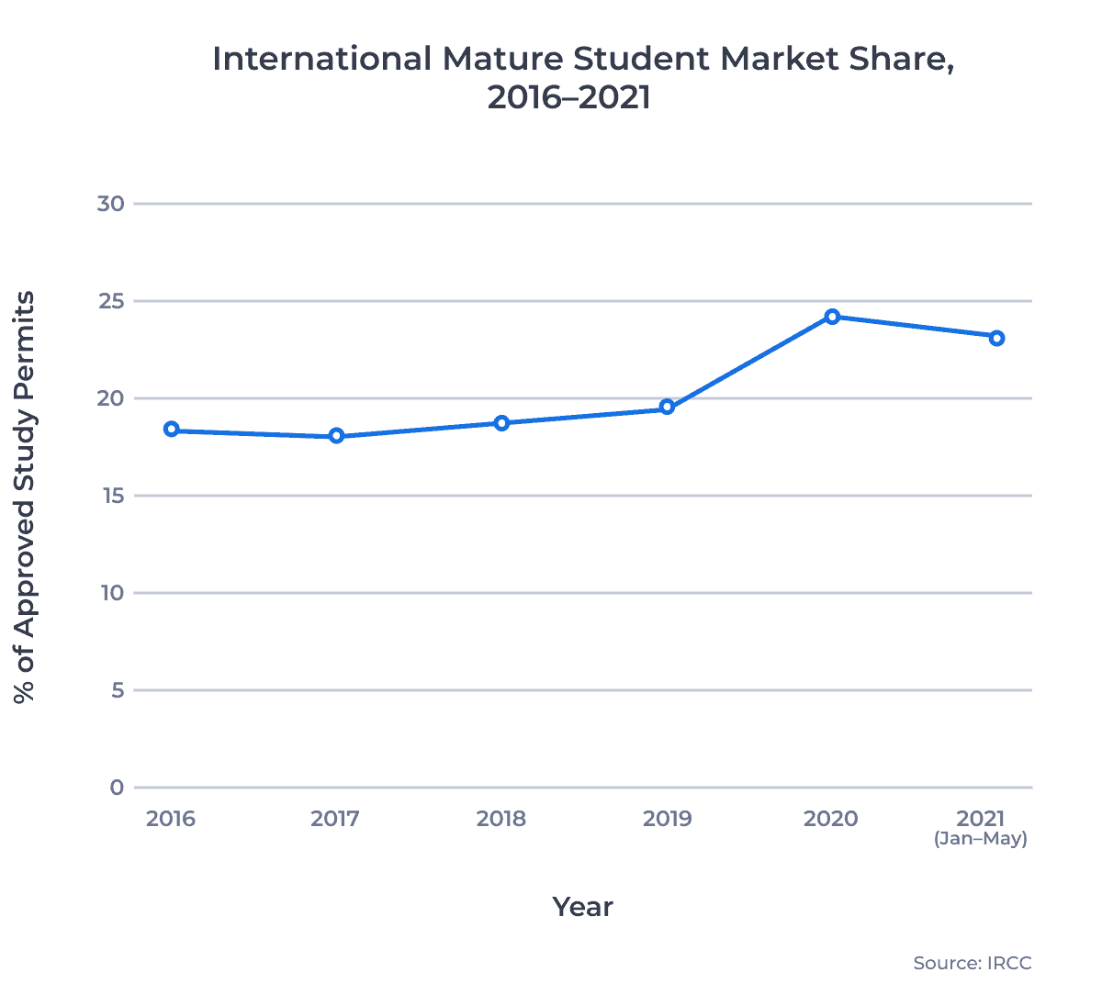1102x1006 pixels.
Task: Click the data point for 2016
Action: pyautogui.click(x=172, y=430)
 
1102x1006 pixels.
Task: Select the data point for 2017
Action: pyautogui.click(x=336, y=436)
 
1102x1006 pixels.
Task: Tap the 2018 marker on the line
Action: pyautogui.click(x=501, y=423)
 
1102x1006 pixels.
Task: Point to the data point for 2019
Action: pyautogui.click(x=668, y=408)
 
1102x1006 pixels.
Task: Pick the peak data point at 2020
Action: pyautogui.click(x=832, y=317)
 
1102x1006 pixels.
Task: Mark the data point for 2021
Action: pyautogui.click(x=996, y=338)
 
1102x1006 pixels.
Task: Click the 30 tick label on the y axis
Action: pyautogui.click(x=110, y=203)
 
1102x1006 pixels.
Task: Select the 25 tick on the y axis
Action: pyautogui.click(x=110, y=301)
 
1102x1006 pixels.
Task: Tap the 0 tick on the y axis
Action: pyautogui.click(x=117, y=788)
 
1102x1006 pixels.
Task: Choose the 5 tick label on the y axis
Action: pyautogui.click(x=118, y=690)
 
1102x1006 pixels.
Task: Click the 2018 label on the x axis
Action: pyautogui.click(x=501, y=819)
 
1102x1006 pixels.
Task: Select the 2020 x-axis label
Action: pyautogui.click(x=831, y=819)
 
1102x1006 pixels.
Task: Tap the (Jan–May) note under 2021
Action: pyautogui.click(x=981, y=839)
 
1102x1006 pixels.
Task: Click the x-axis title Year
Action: pyautogui.click(x=582, y=907)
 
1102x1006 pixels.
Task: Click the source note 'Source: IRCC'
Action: pyautogui.click(x=973, y=964)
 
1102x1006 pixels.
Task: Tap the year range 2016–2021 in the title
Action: pyautogui.click(x=568, y=97)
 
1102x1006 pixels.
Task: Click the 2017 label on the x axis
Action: pyautogui.click(x=335, y=819)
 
